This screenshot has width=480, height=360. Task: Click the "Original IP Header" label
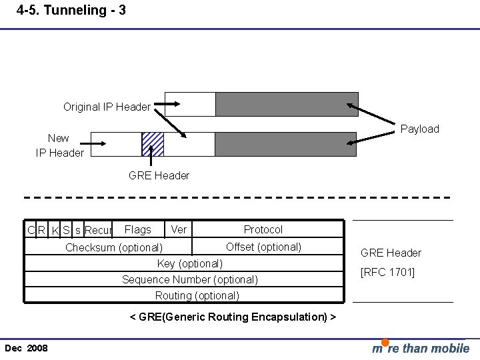[x=107, y=107]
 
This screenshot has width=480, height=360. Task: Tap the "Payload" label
[x=419, y=129]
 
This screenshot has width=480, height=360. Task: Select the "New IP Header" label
[x=59, y=145]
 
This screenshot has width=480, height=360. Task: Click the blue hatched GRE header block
[x=153, y=144]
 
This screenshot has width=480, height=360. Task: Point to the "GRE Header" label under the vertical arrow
[x=159, y=175]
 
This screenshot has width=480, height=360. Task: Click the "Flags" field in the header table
[x=138, y=229]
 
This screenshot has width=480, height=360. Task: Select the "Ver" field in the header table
[x=179, y=229]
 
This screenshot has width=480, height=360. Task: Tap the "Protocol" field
[x=263, y=229]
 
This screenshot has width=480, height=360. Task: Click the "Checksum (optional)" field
[x=113, y=247]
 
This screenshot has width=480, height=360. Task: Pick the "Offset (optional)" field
[x=263, y=247]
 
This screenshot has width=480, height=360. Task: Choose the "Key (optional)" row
[x=189, y=263]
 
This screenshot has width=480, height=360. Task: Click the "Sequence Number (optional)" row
[x=189, y=279]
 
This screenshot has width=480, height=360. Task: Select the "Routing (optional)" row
[x=197, y=295]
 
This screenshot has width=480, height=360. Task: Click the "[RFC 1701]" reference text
[x=387, y=272]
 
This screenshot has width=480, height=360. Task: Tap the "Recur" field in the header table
[x=98, y=231]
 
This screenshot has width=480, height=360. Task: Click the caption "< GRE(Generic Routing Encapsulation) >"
[x=232, y=317]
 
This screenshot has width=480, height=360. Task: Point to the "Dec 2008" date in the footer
[x=26, y=349]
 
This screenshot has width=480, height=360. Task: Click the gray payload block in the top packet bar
[x=287, y=104]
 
